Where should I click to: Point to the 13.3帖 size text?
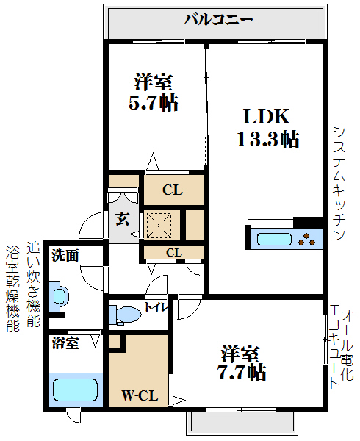[267, 138]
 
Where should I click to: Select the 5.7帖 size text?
[154, 101]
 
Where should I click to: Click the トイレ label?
[154, 307]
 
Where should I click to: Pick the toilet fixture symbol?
[125, 315]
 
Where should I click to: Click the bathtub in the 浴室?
[74, 390]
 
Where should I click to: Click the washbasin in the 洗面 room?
[60, 297]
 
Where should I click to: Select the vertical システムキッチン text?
[339, 183]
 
